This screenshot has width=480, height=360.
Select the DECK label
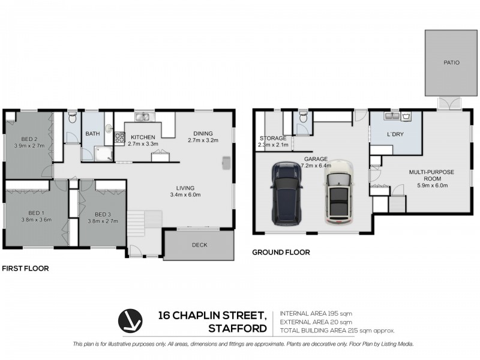(200, 245)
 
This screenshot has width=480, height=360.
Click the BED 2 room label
(27, 137)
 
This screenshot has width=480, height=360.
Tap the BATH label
(92, 134)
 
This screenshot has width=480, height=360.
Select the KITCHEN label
(143, 137)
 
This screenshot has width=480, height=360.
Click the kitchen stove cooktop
(120, 139)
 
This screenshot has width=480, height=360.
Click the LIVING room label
(185, 187)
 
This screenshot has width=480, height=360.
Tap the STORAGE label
(273, 138)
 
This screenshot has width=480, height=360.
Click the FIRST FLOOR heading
(25, 269)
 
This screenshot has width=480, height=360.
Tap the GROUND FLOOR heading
(281, 253)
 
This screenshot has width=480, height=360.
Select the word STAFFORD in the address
(237, 328)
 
